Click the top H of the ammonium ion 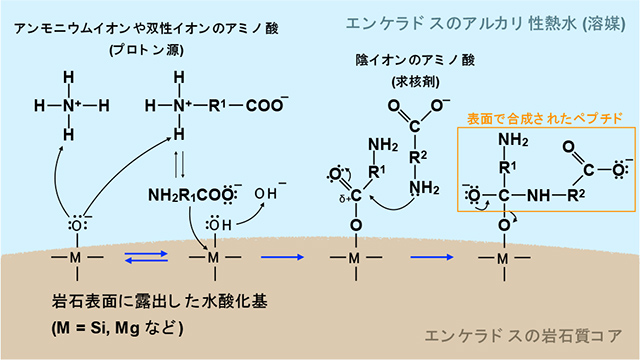[68, 76]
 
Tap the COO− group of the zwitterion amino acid [269, 103]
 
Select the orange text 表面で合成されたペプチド [545, 118]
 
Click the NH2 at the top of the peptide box [513, 139]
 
